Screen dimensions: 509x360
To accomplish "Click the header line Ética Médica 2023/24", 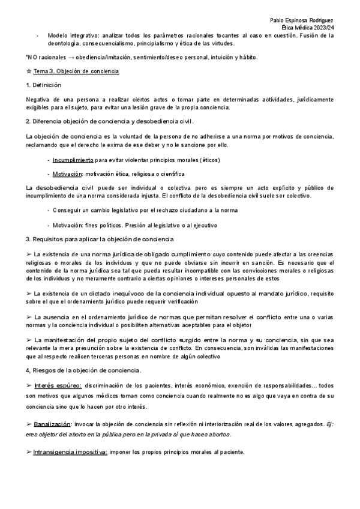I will click(307, 28).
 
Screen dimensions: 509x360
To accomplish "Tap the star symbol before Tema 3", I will click(29, 71).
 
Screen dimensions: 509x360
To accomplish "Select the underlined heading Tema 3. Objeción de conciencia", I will click(76, 71).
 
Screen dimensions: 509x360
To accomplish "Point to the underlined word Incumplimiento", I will click(73, 160).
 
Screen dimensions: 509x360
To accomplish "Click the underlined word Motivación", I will click(67, 174).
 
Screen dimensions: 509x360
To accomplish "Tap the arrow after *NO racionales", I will click(69, 58).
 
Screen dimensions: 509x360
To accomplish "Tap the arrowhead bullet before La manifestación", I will click(30, 340).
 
